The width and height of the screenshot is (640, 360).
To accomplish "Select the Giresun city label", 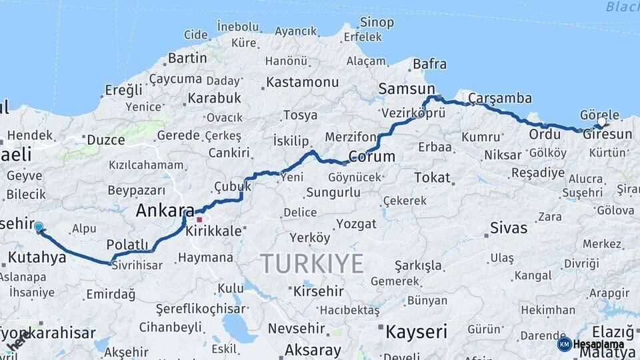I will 607,135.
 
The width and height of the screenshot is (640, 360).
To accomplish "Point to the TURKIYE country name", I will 312,263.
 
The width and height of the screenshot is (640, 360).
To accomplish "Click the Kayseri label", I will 416,331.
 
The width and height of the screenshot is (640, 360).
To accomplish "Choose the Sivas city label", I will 509,228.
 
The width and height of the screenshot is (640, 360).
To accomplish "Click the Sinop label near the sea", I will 377,23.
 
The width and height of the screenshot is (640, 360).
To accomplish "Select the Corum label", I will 372,157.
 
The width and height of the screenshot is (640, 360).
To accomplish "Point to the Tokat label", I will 433,178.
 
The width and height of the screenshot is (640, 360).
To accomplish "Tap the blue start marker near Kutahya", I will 39,227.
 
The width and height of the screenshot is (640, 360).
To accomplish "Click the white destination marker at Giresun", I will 602,122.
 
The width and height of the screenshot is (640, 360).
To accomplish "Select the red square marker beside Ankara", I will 199,219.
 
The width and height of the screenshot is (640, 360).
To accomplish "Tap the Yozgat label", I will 356,223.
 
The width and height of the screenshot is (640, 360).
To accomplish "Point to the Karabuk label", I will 214,99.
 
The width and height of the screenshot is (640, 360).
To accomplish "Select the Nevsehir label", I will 296,329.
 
